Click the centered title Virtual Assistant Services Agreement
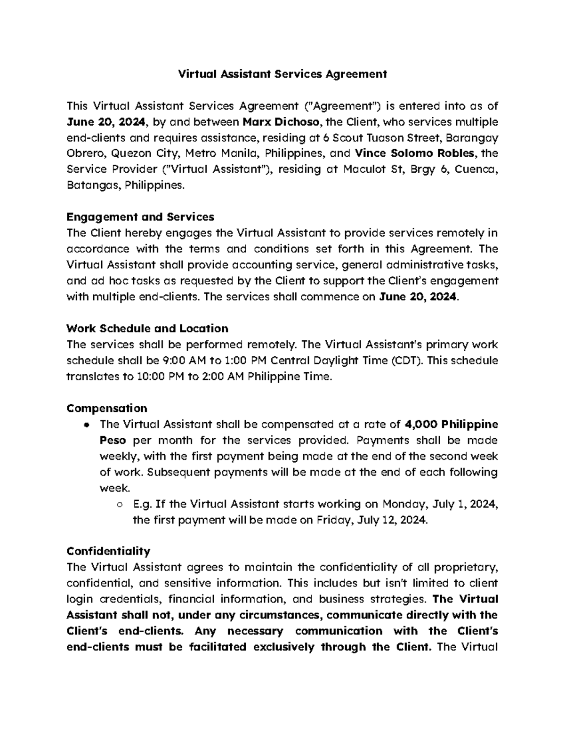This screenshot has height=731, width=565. tap(282, 74)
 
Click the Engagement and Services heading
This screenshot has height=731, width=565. tap(140, 217)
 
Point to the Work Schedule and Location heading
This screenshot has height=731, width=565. tap(147, 329)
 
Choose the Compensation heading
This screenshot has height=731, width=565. tap(107, 408)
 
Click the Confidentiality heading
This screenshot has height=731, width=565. tap(108, 551)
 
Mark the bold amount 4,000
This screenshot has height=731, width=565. tap(421, 425)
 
